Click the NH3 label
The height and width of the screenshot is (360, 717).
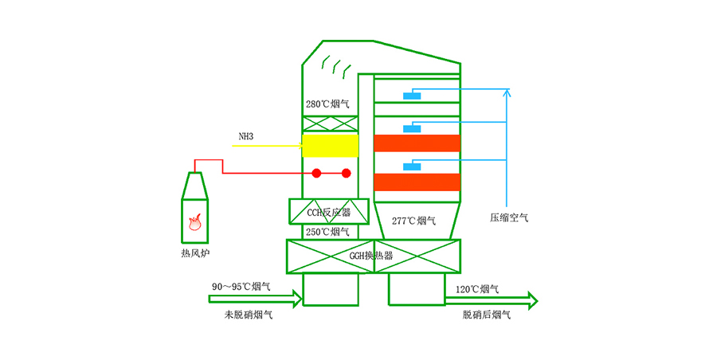(246, 137)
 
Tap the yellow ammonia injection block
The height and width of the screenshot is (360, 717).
(330, 146)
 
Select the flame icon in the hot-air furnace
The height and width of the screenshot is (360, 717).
(194, 223)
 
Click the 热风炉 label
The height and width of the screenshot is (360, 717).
(195, 253)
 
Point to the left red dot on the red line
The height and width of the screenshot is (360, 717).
(316, 173)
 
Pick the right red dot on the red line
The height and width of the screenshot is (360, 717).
(346, 173)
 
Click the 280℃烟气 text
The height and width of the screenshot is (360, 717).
(328, 104)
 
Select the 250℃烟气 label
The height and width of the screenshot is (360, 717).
(328, 232)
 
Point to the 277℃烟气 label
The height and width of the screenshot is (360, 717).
(414, 221)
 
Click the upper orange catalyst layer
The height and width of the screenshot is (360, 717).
(417, 143)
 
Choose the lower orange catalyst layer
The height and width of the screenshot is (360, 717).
(417, 182)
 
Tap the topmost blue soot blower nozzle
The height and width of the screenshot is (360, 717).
(412, 96)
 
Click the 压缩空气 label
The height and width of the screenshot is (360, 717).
(509, 217)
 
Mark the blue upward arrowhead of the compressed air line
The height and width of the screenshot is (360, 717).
(507, 93)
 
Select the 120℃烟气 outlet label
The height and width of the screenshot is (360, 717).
(478, 288)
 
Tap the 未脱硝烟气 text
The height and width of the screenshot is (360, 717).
(248, 315)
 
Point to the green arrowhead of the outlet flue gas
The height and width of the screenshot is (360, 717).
(531, 300)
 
